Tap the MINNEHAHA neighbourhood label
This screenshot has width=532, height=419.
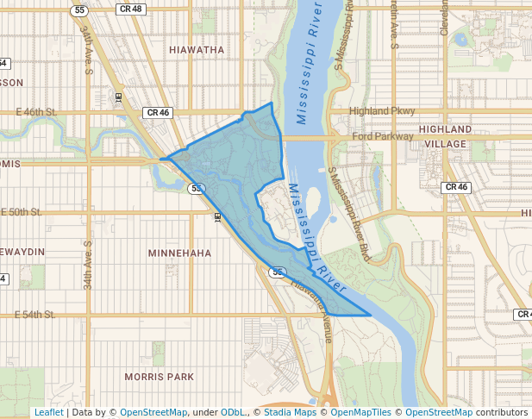tap(179, 253)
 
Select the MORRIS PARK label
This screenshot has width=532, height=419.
tap(160, 377)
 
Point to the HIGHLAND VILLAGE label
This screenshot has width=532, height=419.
tap(445, 136)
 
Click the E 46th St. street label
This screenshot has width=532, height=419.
tap(36, 112)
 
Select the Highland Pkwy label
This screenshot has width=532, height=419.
tap(382, 111)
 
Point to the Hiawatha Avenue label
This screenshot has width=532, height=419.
tap(310, 298)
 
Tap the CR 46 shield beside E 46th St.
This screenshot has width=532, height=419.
tap(158, 112)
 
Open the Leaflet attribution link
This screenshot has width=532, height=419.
tap(48, 413)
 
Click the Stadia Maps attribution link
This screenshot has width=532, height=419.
tap(290, 413)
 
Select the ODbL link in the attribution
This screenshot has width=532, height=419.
tap(232, 413)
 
